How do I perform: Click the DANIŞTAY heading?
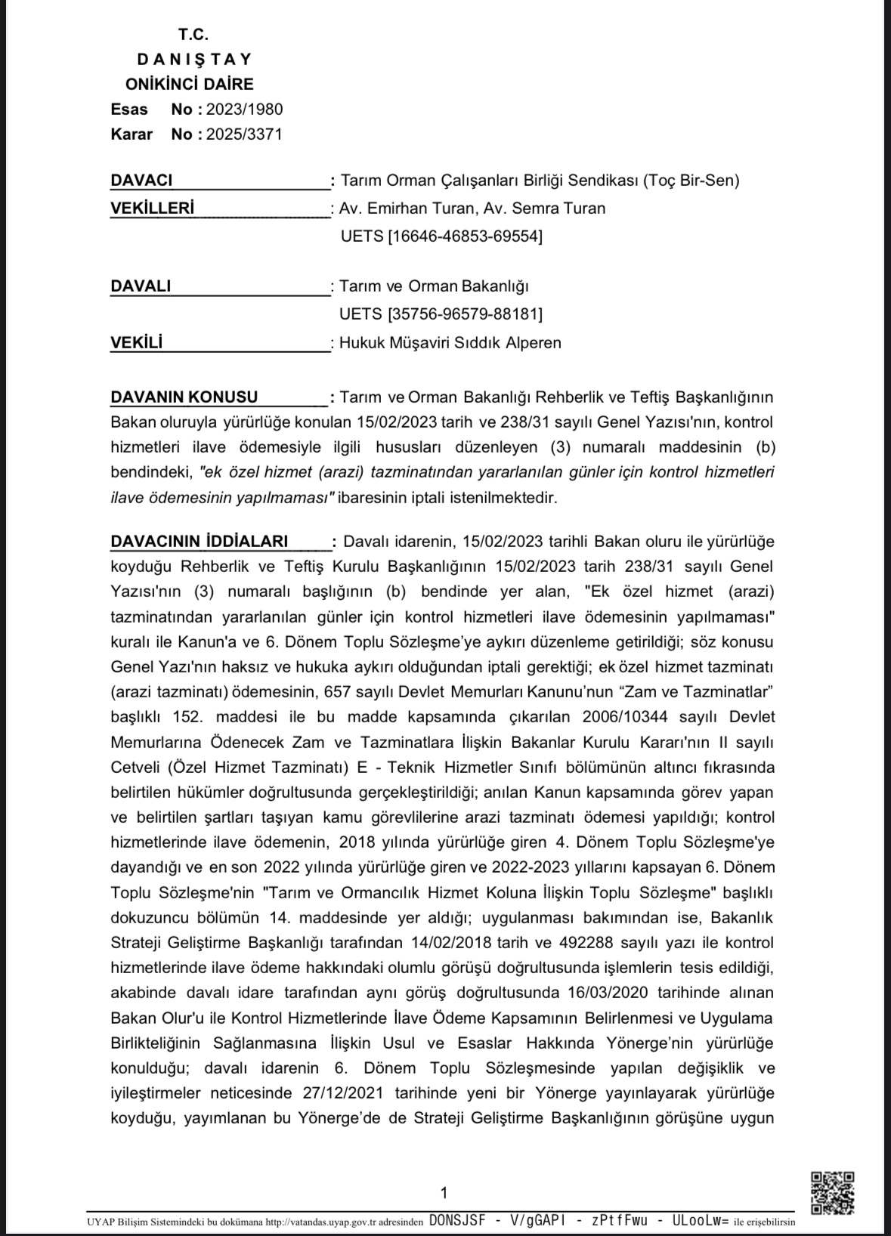[x=194, y=59]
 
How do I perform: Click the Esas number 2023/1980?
[x=245, y=110]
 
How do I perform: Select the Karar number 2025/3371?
[x=244, y=134]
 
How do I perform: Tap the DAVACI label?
[x=141, y=181]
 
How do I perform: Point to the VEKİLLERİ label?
[x=153, y=209]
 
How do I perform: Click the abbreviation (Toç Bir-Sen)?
[x=691, y=181]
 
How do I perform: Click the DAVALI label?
[x=141, y=286]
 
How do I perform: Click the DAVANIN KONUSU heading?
[x=184, y=397]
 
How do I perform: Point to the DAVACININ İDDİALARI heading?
[x=200, y=542]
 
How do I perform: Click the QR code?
[x=832, y=1194]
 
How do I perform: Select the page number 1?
[x=444, y=1194]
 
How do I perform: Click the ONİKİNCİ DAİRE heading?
[x=190, y=85]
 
